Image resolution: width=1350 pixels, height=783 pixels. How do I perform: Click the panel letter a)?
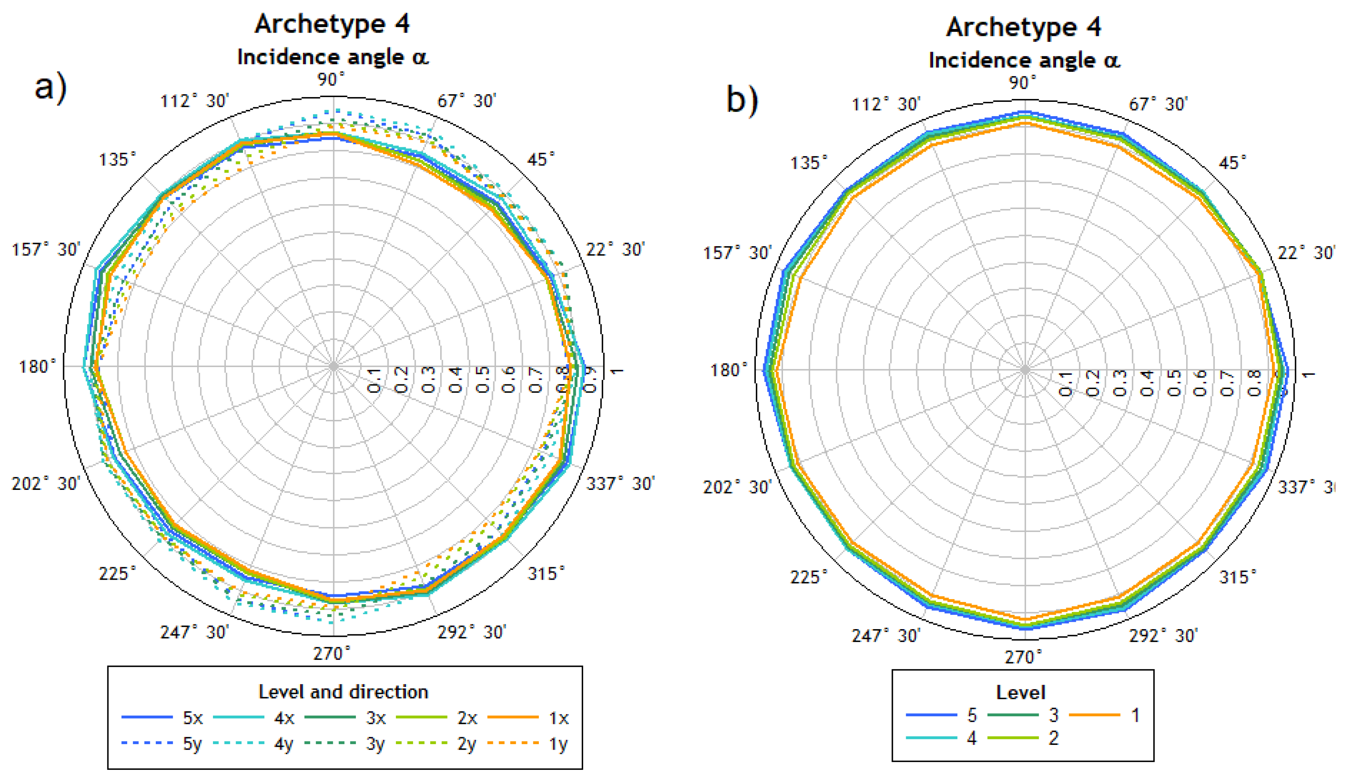(x=51, y=87)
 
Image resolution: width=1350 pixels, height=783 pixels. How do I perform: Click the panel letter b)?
(x=742, y=100)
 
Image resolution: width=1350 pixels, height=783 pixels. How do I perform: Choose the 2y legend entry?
(x=437, y=744)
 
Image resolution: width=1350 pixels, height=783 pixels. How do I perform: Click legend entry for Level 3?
(x=1023, y=715)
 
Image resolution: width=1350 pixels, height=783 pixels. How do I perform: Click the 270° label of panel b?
(x=1023, y=657)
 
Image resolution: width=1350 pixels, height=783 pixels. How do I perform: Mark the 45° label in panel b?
(x=1232, y=163)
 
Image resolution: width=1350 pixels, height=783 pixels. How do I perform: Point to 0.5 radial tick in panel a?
(x=482, y=379)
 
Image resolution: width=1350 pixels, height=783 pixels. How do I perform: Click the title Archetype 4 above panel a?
(x=332, y=24)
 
